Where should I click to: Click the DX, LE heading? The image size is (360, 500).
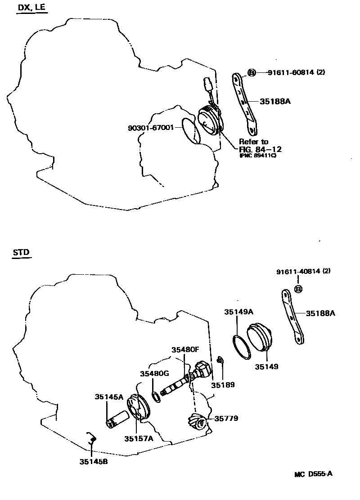(x=31, y=9)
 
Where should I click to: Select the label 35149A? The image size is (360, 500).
(x=239, y=312)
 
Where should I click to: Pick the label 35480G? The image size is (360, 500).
(x=154, y=374)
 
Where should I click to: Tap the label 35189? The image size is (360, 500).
(x=224, y=385)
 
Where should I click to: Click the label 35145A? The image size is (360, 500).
(x=108, y=397)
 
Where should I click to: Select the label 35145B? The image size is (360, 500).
(x=94, y=461)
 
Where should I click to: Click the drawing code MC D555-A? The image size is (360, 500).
(x=314, y=474)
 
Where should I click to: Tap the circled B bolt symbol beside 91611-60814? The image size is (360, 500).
(x=252, y=72)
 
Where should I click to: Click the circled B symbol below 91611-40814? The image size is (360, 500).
(x=298, y=289)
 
